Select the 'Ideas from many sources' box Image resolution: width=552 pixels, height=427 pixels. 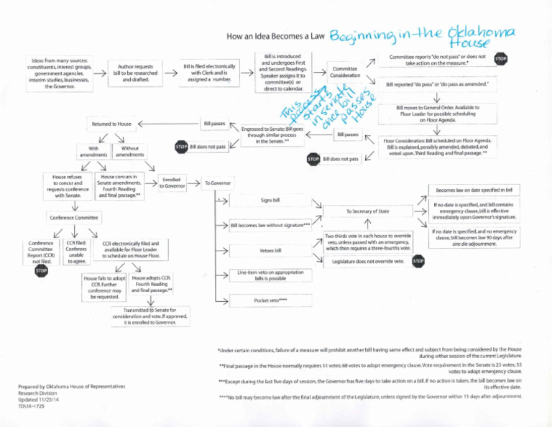pyautogui.click(x=59, y=72)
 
